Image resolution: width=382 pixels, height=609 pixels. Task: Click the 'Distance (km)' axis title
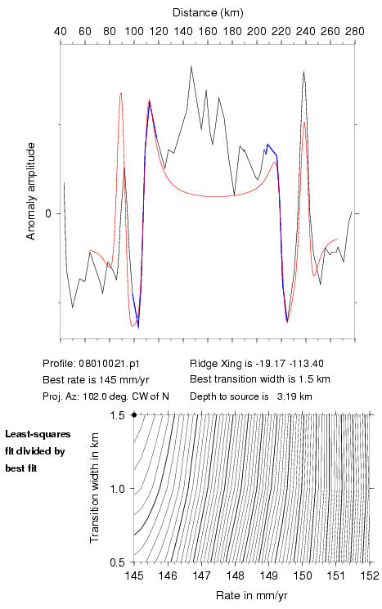[208, 13]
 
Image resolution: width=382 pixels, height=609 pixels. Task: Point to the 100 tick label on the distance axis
[134, 31]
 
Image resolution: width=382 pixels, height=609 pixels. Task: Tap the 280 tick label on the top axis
[355, 31]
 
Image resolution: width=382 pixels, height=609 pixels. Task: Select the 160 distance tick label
[208, 31]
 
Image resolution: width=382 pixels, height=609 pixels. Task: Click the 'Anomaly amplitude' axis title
[30, 191]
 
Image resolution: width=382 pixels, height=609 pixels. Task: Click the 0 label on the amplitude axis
[48, 213]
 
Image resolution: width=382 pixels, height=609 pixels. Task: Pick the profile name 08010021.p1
[109, 364]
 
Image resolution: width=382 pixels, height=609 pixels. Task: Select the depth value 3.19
[286, 396]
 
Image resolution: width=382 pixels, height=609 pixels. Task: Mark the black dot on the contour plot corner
[134, 414]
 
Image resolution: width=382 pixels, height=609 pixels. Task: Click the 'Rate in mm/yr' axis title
[251, 595]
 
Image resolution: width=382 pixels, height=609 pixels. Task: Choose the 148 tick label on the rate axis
[235, 575]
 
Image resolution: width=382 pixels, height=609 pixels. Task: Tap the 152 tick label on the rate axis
[370, 575]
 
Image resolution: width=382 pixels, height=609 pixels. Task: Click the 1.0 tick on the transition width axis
[117, 489]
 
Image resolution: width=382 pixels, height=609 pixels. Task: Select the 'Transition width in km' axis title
[95, 488]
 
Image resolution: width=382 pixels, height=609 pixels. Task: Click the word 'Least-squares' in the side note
[38, 434]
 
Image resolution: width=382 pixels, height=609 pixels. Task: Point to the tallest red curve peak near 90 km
[121, 93]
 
